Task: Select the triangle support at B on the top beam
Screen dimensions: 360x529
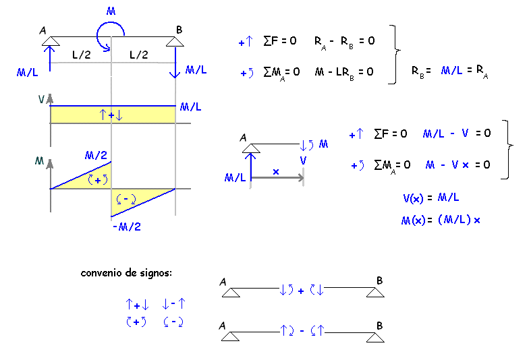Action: tap(175, 42)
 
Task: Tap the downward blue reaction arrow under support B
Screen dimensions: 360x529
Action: tap(175, 63)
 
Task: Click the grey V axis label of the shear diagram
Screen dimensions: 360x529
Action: tap(42, 98)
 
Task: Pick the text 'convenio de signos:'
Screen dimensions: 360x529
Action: tap(126, 273)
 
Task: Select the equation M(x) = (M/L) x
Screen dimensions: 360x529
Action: tap(440, 220)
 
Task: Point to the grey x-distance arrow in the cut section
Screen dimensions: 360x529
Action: tap(277, 178)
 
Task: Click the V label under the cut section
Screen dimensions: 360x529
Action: tap(304, 161)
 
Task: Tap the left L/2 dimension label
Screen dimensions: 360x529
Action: tap(80, 55)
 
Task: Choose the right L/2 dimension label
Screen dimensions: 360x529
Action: tap(138, 55)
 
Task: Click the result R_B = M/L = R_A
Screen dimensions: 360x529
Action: tap(449, 70)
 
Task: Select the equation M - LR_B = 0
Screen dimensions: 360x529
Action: tap(344, 71)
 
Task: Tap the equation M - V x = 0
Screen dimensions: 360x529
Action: tap(458, 164)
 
